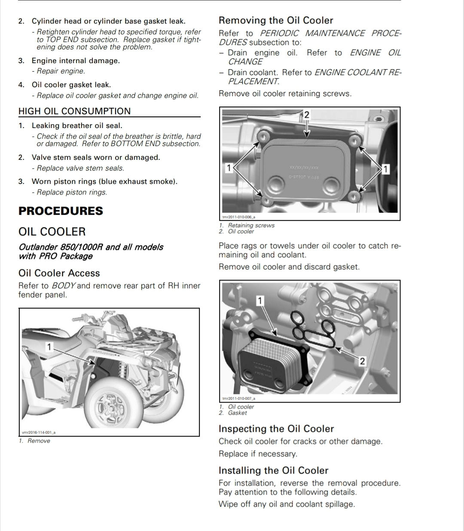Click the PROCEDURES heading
(x=61, y=211)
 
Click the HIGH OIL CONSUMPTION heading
(x=74, y=111)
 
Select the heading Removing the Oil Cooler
(x=276, y=20)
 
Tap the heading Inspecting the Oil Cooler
(x=276, y=429)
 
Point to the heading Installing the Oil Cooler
(x=273, y=470)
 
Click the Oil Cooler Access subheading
(x=59, y=273)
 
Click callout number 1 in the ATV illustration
(x=49, y=347)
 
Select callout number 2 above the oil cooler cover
(x=306, y=115)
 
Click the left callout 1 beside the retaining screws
(x=229, y=168)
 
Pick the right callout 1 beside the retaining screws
(x=385, y=169)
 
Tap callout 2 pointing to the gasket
(x=362, y=361)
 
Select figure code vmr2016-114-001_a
(x=39, y=432)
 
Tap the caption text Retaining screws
(x=251, y=225)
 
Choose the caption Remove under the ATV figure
(x=39, y=441)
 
